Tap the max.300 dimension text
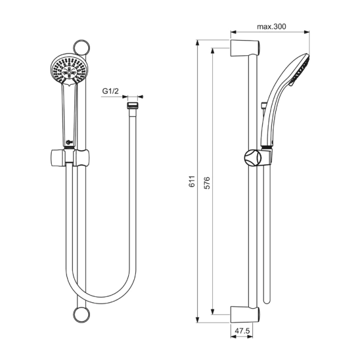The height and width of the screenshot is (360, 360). click(271, 26)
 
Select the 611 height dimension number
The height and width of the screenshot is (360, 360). click(192, 182)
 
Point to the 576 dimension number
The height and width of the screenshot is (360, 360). click(207, 182)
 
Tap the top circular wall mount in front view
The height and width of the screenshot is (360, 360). click(81, 48)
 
